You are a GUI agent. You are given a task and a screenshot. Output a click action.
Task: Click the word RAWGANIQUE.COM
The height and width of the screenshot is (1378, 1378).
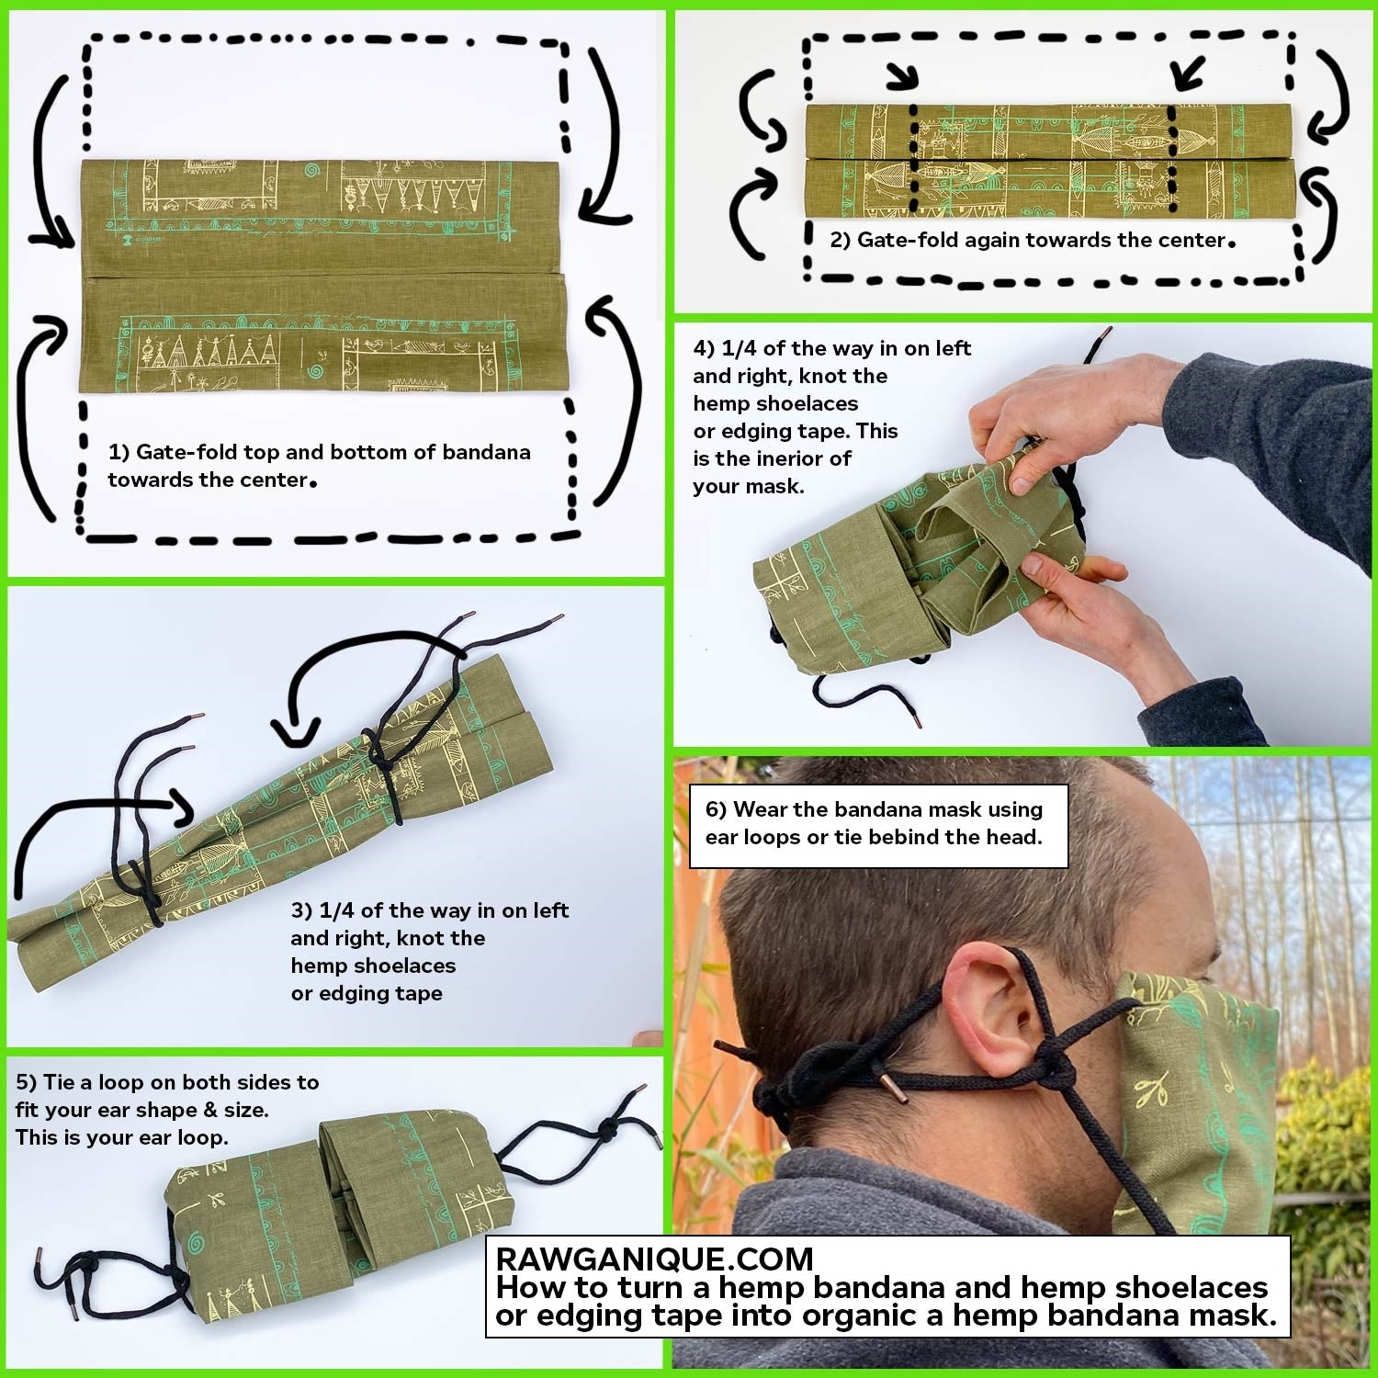coord(654,1258)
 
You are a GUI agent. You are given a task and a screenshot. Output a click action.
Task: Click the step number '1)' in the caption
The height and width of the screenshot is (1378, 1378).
coord(119,452)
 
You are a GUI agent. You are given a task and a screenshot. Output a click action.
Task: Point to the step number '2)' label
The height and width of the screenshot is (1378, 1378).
coord(841,240)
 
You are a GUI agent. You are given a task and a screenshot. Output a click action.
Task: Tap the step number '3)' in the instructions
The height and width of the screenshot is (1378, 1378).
coord(302,910)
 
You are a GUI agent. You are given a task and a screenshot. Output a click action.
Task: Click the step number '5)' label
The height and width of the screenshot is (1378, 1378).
coord(27,1082)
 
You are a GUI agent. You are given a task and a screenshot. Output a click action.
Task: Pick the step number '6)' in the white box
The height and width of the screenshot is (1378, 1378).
coord(717,809)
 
